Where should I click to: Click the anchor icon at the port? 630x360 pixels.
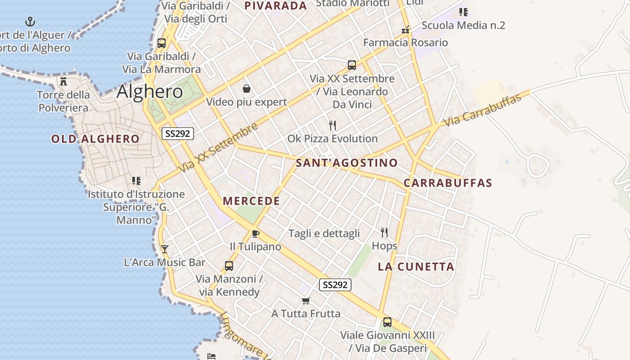[30, 21]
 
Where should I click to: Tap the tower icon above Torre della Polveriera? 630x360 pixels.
[63, 81]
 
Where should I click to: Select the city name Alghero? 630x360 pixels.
[149, 92]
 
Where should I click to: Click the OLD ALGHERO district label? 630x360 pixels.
[95, 139]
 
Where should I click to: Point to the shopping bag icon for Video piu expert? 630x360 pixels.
[246, 89]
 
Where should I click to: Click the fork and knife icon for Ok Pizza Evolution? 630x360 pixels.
[333, 125]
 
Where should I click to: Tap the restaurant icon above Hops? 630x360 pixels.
[384, 232]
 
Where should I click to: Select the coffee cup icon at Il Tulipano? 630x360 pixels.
[256, 233]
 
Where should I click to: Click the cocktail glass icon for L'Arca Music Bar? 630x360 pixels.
[165, 249]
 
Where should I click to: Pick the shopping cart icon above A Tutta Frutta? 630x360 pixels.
[306, 300]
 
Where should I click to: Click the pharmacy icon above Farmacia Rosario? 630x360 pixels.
[405, 30]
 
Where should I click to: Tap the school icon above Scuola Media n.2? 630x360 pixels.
[463, 12]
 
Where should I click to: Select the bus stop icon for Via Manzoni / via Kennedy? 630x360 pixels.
[229, 265]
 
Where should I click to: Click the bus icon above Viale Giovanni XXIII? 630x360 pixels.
[387, 322]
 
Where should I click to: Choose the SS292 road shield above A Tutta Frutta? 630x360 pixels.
[335, 285]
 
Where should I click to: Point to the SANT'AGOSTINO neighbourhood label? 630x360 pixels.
[346, 163]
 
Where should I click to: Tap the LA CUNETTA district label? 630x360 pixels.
[416, 266]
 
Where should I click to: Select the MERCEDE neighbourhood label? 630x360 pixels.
[251, 201]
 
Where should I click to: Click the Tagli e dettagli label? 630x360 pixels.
[324, 233]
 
